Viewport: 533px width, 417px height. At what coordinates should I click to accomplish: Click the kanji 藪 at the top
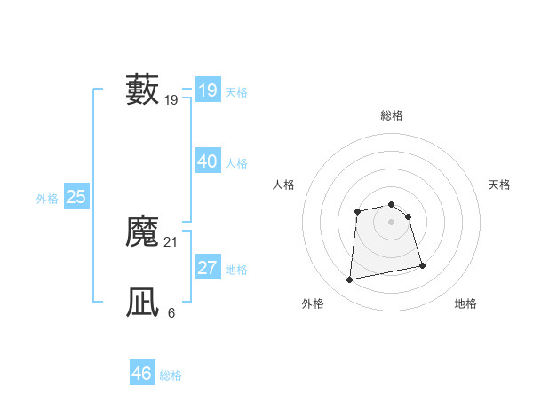click(143, 90)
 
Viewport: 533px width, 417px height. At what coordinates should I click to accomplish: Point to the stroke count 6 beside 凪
click(171, 313)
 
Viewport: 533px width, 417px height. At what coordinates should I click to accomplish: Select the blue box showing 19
click(208, 90)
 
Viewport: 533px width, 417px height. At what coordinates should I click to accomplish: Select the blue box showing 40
click(208, 161)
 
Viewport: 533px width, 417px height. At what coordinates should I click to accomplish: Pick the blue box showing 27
click(208, 268)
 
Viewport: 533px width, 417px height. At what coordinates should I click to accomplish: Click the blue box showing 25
click(76, 197)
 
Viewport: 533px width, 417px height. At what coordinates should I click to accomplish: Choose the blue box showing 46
click(142, 374)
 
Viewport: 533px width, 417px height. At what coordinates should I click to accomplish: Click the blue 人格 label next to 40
click(237, 163)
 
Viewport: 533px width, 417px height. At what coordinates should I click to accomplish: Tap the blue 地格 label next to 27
click(237, 270)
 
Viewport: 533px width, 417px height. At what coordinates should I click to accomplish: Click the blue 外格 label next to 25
click(47, 199)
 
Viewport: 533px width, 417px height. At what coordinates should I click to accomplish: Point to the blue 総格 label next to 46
click(171, 375)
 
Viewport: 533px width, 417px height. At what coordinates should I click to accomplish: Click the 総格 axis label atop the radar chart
click(392, 115)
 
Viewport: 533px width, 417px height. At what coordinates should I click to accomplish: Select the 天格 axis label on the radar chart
click(500, 185)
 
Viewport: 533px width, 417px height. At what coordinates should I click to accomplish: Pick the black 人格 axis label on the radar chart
click(284, 185)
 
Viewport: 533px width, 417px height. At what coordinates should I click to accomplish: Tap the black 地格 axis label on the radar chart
click(465, 304)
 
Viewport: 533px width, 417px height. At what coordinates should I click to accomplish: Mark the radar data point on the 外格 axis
click(350, 280)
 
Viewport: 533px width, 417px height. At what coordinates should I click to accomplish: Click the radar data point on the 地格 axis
click(422, 265)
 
